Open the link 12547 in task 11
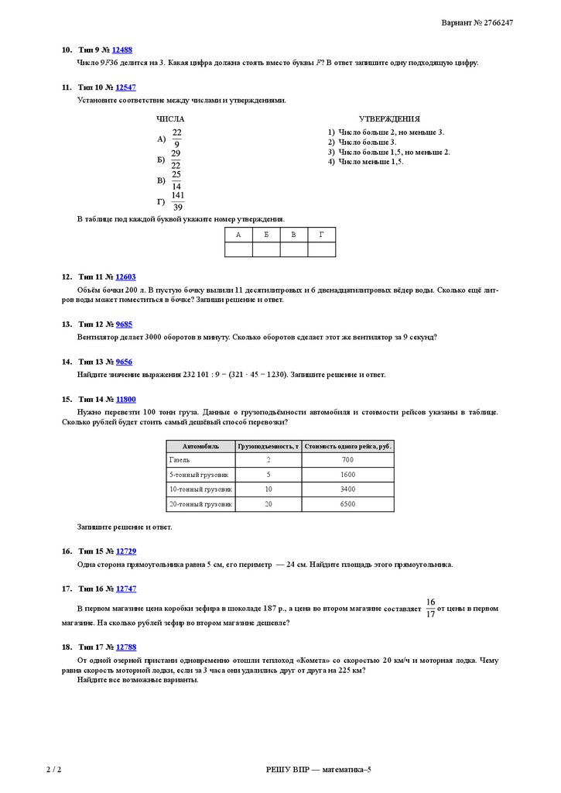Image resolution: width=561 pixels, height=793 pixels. click(125, 88)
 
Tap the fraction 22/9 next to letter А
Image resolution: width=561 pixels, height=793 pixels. click(177, 139)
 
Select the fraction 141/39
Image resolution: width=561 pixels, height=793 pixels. click(178, 201)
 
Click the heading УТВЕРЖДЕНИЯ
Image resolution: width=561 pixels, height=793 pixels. click(389, 119)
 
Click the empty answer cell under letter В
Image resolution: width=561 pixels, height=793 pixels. click(294, 249)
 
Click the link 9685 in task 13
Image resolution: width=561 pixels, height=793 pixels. click(123, 324)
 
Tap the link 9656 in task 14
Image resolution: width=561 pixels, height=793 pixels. click(123, 362)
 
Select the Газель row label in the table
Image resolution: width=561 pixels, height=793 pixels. click(180, 460)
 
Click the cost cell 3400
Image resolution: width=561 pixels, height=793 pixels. click(347, 489)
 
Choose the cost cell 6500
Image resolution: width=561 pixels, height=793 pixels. click(347, 504)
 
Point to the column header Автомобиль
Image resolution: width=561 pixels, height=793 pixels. click(200, 446)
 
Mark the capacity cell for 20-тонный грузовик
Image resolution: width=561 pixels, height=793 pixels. click(269, 504)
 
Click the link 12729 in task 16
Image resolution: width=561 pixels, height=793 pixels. click(125, 551)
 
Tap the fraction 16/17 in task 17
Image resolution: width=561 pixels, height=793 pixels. click(430, 608)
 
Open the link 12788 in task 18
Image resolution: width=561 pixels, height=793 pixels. click(125, 646)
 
